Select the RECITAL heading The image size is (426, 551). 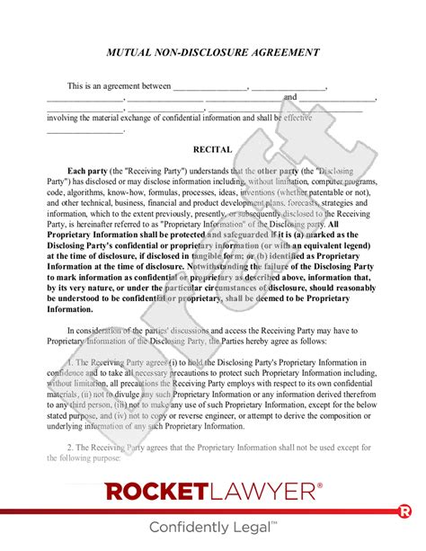(213, 149)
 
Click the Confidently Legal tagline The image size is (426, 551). (212, 527)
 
